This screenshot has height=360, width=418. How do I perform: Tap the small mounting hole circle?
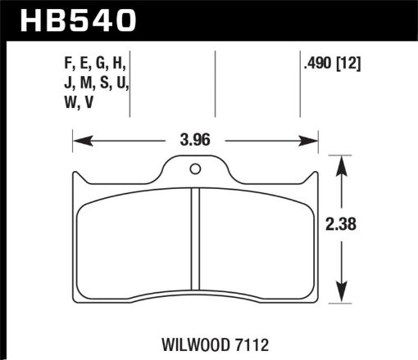click(195, 169)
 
